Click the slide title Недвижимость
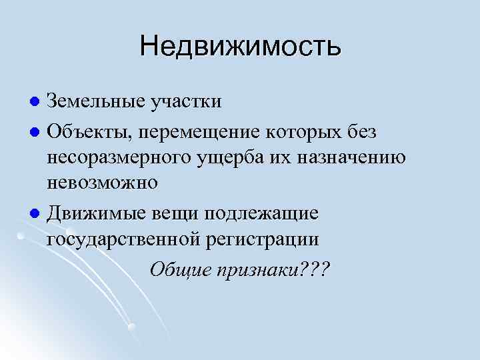tap(240, 47)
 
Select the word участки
tap(185, 102)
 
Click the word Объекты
tap(90, 132)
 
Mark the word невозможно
tap(102, 183)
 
